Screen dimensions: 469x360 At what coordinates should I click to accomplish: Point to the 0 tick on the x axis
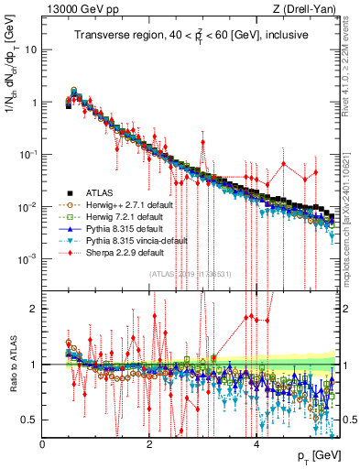pos(43,445)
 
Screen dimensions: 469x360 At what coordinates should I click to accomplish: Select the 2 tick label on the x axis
pos(149,445)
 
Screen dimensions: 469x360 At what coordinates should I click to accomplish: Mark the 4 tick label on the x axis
pos(256,445)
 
